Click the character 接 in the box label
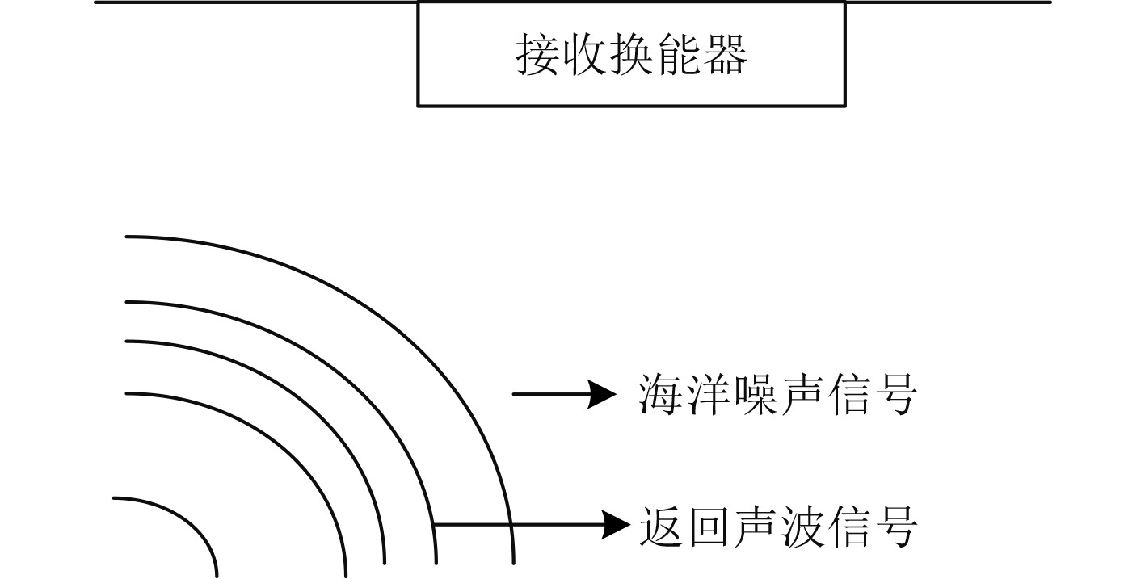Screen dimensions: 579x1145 (x=538, y=55)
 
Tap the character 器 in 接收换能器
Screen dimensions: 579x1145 (x=725, y=55)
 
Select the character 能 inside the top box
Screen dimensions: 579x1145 (x=679, y=55)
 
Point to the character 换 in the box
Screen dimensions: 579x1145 (x=632, y=55)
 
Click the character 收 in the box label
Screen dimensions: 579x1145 (x=585, y=55)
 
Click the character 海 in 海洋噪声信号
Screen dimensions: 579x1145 (x=661, y=395)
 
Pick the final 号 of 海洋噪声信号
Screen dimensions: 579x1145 (x=895, y=395)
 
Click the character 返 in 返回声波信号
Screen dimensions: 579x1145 (x=661, y=526)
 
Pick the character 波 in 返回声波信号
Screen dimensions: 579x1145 (x=802, y=526)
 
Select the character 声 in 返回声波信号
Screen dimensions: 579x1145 (x=755, y=526)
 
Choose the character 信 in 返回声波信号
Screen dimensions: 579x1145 (x=848, y=526)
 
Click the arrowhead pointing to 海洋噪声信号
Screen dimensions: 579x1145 (x=602, y=395)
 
